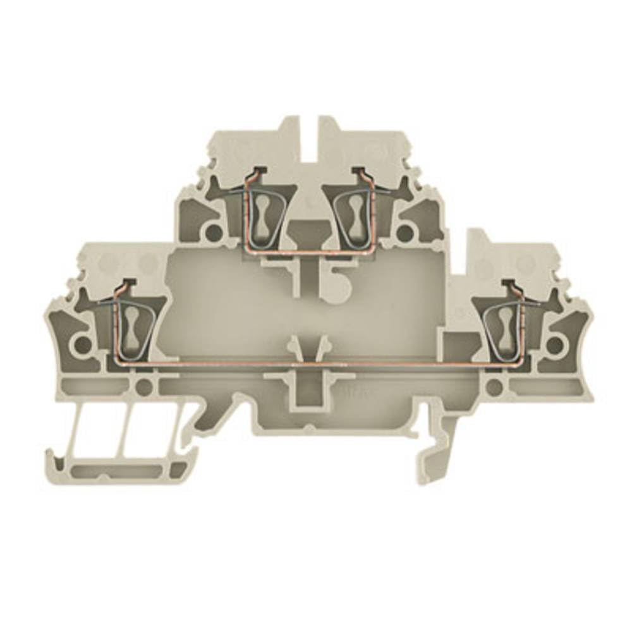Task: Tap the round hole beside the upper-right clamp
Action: click(404, 233)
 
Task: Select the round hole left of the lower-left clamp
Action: click(82, 344)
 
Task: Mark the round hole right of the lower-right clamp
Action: click(554, 344)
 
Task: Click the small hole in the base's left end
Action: click(145, 386)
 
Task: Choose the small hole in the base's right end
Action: click(495, 386)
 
